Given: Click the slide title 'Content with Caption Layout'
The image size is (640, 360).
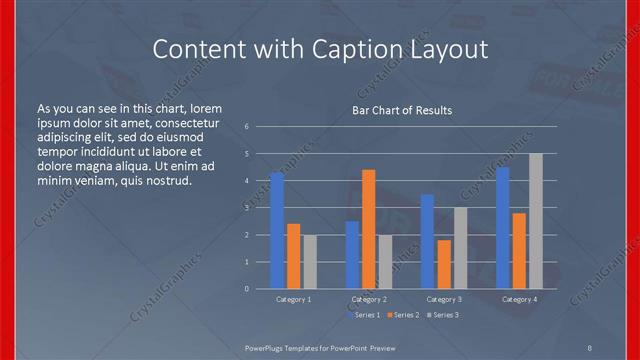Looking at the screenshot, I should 320,49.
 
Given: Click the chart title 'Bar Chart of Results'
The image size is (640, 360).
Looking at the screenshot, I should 402,110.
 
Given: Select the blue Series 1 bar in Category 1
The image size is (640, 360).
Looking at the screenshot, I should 277,231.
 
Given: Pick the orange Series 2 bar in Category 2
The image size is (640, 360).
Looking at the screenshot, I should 368,229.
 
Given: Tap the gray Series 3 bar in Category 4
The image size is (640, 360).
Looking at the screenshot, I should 535,221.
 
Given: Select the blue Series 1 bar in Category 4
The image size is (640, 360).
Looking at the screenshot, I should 503,228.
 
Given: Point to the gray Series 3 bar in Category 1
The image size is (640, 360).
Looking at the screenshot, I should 309,262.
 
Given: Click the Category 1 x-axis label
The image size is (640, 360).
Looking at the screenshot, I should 293,299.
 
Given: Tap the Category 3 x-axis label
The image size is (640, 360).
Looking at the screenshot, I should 444,299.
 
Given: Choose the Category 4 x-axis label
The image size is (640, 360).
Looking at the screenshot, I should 519,299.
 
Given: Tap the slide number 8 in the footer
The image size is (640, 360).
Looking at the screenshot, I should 590,346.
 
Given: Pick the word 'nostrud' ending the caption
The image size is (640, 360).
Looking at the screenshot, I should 164,180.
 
